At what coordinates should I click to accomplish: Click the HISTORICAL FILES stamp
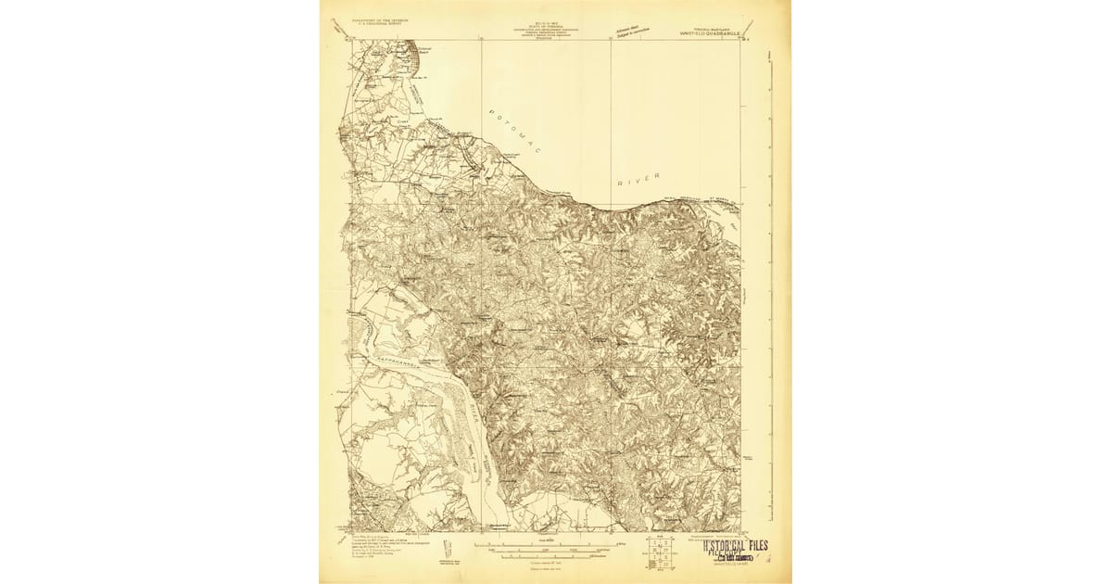click(732, 547)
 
